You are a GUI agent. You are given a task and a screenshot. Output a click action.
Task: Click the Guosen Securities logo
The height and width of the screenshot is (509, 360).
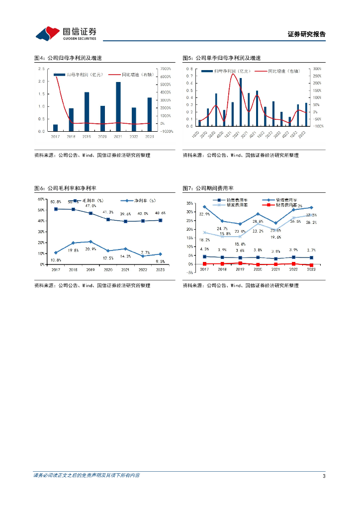66,33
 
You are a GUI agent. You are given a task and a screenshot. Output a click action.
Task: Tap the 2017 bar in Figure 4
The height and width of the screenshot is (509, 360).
55,128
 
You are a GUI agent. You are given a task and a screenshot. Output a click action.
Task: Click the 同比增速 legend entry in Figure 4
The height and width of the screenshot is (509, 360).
131,75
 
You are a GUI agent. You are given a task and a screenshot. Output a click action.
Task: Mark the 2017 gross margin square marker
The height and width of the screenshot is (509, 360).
56,209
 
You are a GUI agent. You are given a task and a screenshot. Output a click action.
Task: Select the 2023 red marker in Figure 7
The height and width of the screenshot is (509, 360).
311,265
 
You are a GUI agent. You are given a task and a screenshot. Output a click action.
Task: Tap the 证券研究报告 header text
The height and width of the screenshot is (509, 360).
306,34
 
